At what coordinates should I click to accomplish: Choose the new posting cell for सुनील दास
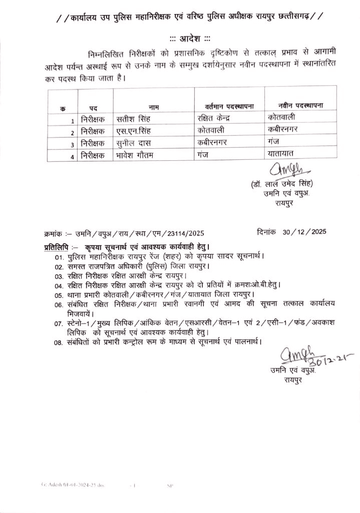[273, 142]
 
